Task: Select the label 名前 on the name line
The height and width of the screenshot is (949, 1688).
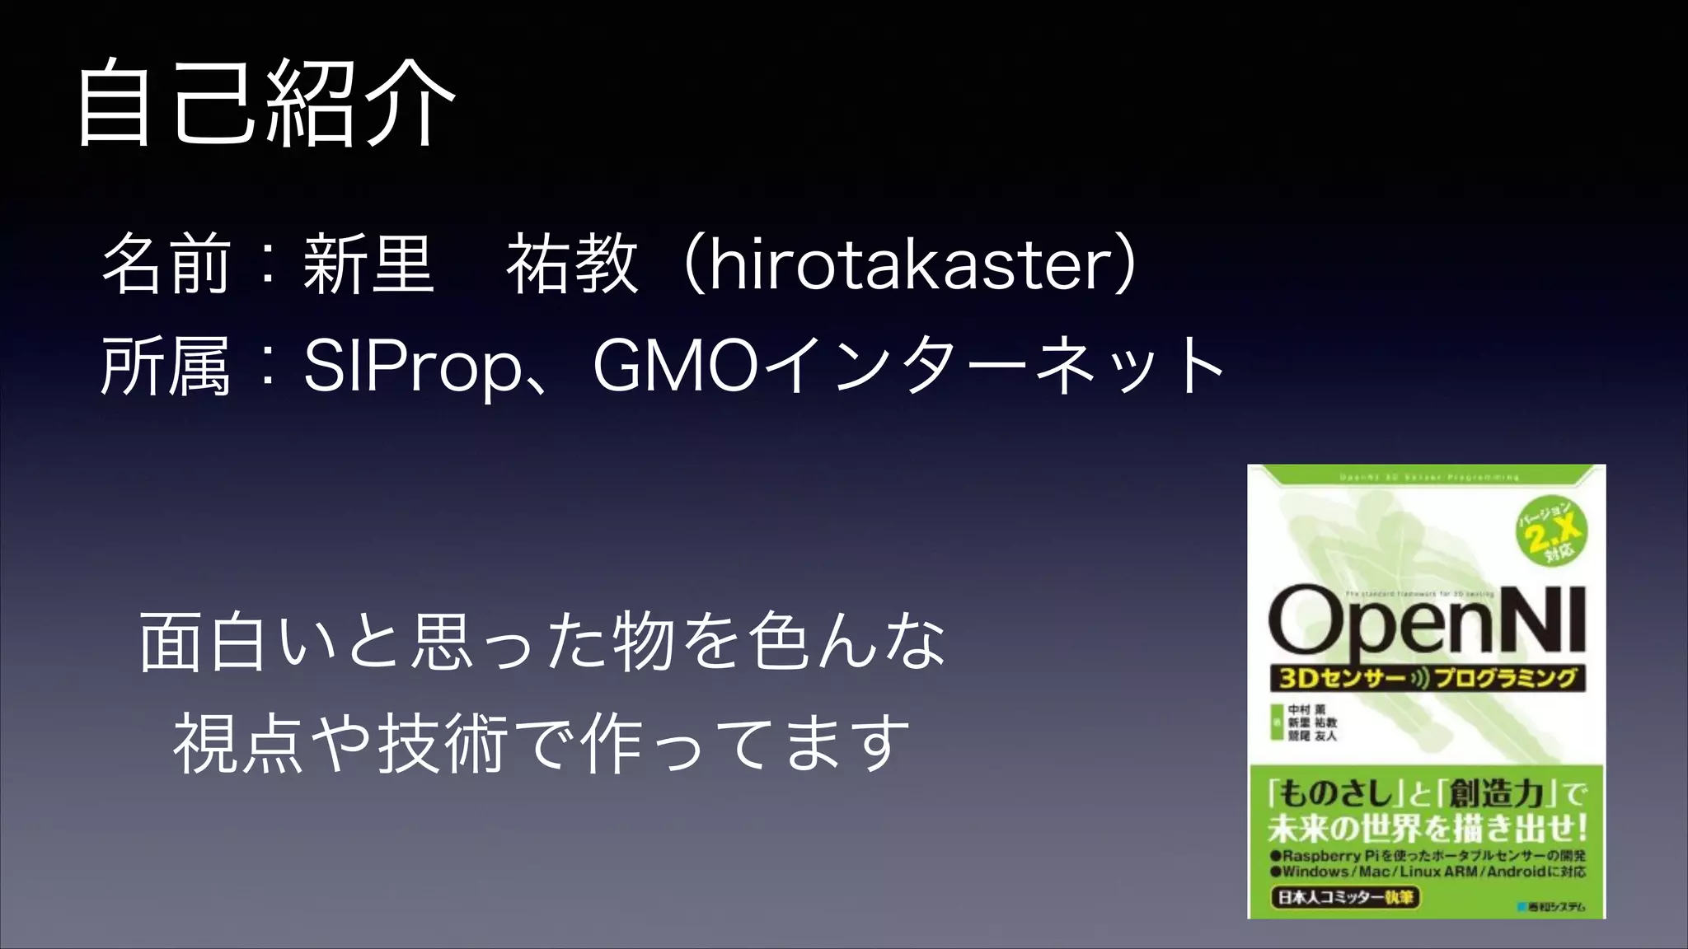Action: tap(165, 265)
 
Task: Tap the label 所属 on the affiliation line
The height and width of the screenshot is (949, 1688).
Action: tap(165, 366)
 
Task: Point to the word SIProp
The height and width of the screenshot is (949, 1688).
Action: tap(412, 366)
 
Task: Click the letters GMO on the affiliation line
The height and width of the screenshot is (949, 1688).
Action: tap(674, 366)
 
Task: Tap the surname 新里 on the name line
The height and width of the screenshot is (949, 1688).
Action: tap(368, 265)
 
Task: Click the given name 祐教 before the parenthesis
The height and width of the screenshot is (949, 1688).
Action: tap(572, 265)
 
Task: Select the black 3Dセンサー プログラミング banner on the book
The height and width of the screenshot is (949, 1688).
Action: tap(1426, 679)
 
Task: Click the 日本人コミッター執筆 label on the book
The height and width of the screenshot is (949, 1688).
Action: tap(1345, 896)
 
